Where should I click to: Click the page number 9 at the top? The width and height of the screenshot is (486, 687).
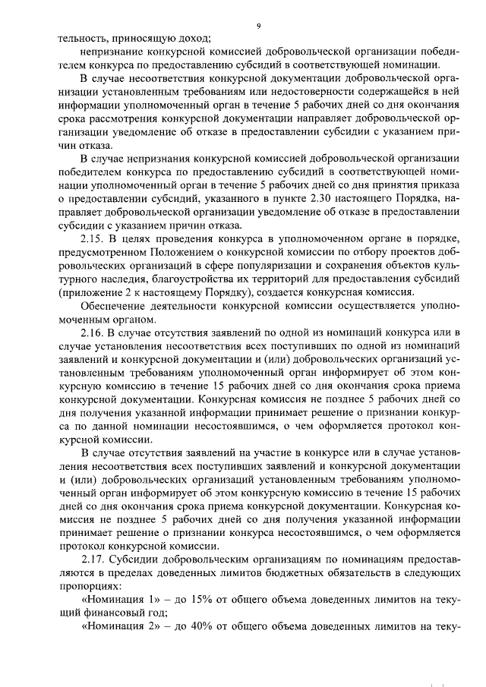258,26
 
